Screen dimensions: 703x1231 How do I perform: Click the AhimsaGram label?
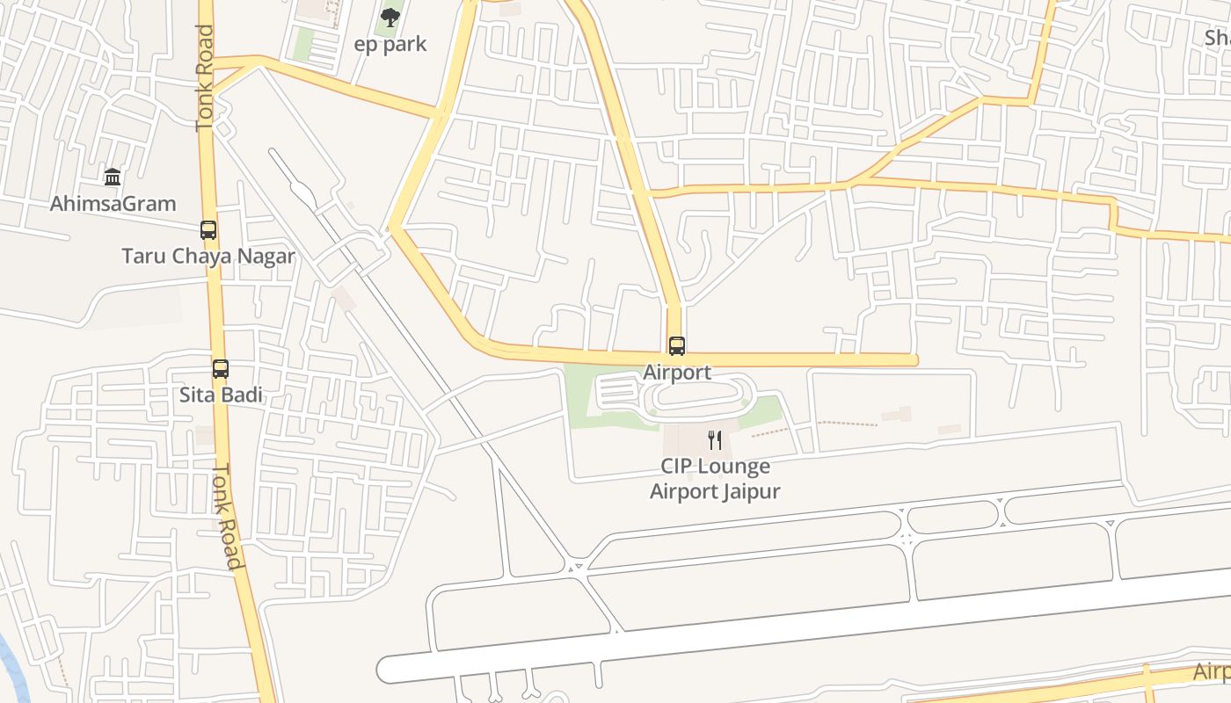click(113, 204)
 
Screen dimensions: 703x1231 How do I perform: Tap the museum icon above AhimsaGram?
click(113, 178)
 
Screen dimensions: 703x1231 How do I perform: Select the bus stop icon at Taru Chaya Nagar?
click(208, 230)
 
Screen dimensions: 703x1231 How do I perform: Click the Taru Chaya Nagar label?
click(208, 257)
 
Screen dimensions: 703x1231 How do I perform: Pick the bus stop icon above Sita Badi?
click(221, 369)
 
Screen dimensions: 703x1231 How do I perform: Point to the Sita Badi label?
click(221, 395)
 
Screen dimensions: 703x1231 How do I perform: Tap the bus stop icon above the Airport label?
click(676, 346)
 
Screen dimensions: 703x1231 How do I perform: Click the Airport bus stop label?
click(677, 372)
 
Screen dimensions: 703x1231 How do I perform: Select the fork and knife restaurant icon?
click(715, 440)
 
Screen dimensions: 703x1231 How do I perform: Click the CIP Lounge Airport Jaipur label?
click(715, 479)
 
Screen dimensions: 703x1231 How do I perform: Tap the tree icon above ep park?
click(390, 17)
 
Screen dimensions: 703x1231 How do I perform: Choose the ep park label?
click(390, 44)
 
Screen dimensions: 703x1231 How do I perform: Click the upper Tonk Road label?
click(205, 79)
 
